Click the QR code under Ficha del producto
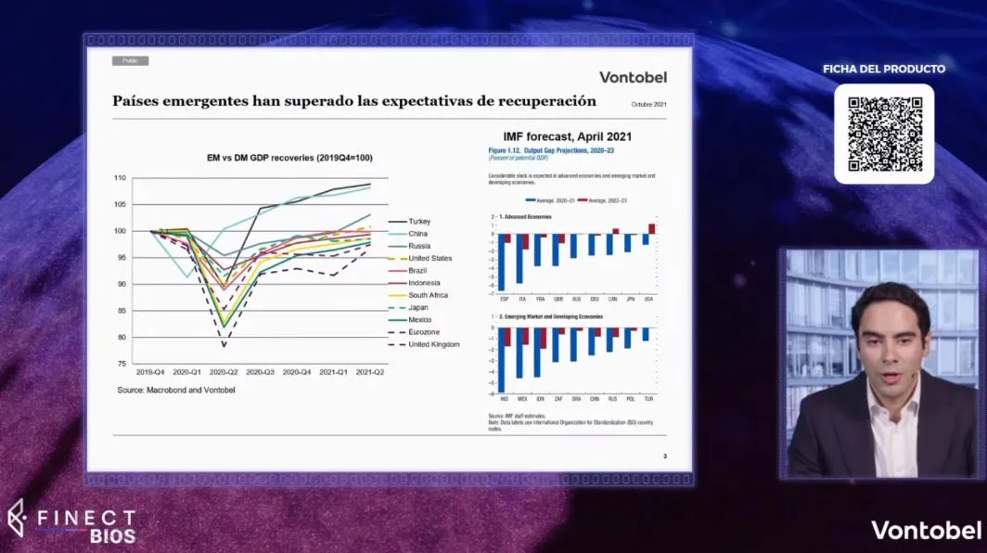pyautogui.click(x=883, y=134)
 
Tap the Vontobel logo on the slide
pyautogui.click(x=633, y=77)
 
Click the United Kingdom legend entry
pyautogui.click(x=433, y=344)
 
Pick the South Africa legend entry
pyautogui.click(x=428, y=295)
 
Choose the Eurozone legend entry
pyautogui.click(x=424, y=331)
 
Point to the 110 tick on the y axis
pyautogui.click(x=120, y=178)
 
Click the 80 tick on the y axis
pyautogui.click(x=121, y=337)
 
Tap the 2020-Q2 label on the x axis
pyautogui.click(x=224, y=371)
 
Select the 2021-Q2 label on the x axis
pyautogui.click(x=370, y=371)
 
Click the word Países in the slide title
pyautogui.click(x=139, y=101)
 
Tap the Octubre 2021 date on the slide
pyautogui.click(x=649, y=104)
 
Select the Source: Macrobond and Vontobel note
pyautogui.click(x=176, y=391)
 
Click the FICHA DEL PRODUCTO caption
pyautogui.click(x=884, y=69)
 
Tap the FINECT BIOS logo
pyautogui.click(x=71, y=522)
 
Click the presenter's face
pyautogui.click(x=889, y=343)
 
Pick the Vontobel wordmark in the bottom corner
pyautogui.click(x=925, y=530)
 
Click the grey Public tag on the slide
pyautogui.click(x=130, y=61)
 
